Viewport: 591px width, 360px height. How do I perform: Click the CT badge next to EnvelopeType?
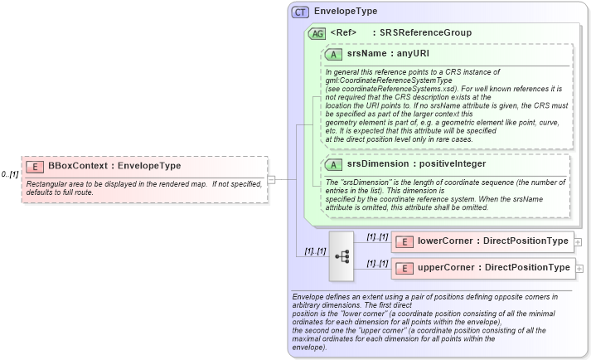(300, 12)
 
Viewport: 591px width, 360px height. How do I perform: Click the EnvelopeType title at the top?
(346, 12)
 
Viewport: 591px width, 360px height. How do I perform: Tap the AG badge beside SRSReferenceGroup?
(317, 33)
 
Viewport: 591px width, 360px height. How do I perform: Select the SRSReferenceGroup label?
(425, 33)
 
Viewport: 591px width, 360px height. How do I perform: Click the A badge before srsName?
(334, 54)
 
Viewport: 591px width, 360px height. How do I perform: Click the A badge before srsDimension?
(334, 164)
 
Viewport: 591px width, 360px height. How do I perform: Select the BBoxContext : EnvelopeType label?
(114, 189)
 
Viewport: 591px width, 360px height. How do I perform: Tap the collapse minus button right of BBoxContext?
(270, 178)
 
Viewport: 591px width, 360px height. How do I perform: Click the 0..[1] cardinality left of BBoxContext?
(10, 174)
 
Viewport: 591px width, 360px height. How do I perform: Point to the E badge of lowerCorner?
(404, 241)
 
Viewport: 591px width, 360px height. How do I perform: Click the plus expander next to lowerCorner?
(578, 242)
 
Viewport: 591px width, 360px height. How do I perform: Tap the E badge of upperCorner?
(404, 268)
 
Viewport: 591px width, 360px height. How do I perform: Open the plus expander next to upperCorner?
(578, 269)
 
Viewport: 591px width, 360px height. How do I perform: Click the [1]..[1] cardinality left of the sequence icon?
(314, 251)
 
